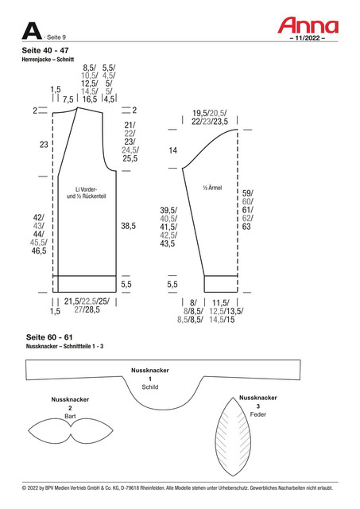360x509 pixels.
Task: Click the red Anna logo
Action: pyautogui.click(x=308, y=25)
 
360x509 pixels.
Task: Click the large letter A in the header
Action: pyautogui.click(x=32, y=31)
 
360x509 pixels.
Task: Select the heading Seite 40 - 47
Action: pyautogui.click(x=45, y=50)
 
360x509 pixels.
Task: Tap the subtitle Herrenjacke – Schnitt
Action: pyautogui.click(x=48, y=60)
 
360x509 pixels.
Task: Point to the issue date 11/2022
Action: pyautogui.click(x=307, y=38)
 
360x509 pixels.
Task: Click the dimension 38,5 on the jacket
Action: pyautogui.click(x=128, y=226)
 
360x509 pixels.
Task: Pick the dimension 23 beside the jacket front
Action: pyautogui.click(x=44, y=145)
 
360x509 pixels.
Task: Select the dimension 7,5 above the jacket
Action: pyautogui.click(x=68, y=99)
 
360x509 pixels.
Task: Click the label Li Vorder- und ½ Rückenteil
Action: pyautogui.click(x=87, y=192)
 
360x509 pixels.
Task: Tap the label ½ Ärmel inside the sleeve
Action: pyautogui.click(x=212, y=188)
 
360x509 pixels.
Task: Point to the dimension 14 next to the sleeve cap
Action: pyautogui.click(x=173, y=150)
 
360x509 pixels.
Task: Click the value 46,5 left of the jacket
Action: pyautogui.click(x=39, y=251)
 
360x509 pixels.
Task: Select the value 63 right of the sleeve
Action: pyautogui.click(x=246, y=226)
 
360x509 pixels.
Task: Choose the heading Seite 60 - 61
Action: pyautogui.click(x=49, y=337)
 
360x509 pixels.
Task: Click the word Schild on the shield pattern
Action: pyautogui.click(x=150, y=387)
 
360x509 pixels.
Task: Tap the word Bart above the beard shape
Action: pyautogui.click(x=70, y=416)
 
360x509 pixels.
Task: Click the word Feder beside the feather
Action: pyautogui.click(x=257, y=414)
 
